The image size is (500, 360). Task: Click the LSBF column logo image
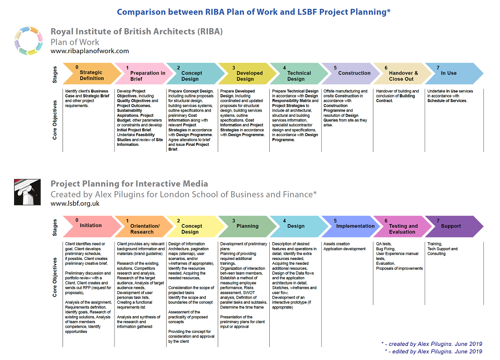[x=28, y=192]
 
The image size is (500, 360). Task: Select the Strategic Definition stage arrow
[x=92, y=73]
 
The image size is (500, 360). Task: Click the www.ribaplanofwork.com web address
[x=90, y=51]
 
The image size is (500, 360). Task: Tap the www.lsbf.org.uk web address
[x=75, y=203]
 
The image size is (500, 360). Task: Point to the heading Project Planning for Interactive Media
[x=129, y=184]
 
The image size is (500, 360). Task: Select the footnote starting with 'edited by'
[x=433, y=351]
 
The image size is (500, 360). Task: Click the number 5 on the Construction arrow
[x=335, y=68]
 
